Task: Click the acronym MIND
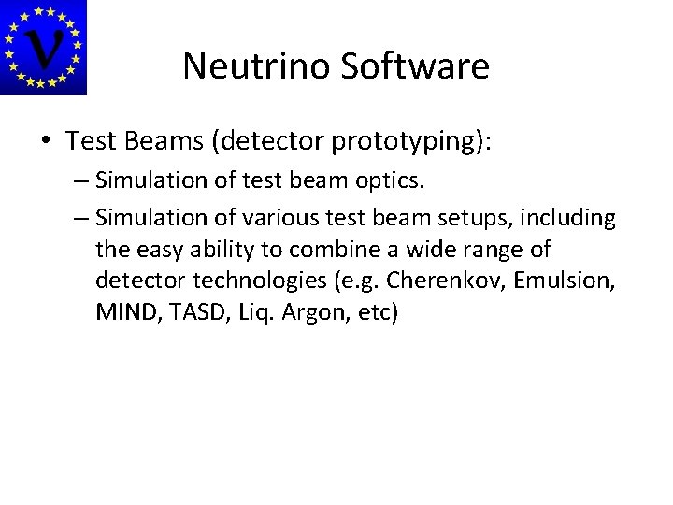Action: click(122, 312)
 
